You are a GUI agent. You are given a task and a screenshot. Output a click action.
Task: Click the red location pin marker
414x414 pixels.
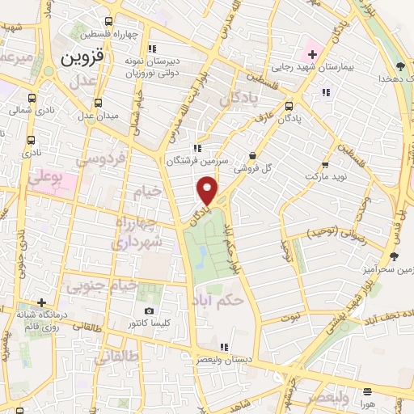point(207,191)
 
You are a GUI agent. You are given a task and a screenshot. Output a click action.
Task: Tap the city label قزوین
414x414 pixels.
point(80,58)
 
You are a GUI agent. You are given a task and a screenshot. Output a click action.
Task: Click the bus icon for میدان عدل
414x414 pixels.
point(98,103)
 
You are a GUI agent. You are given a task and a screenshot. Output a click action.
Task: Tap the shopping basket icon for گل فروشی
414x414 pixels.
point(253,156)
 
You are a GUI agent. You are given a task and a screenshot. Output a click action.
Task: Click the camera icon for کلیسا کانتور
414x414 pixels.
point(149,311)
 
